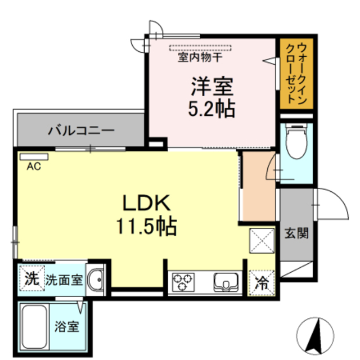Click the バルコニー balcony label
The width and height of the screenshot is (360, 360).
pyautogui.click(x=80, y=131)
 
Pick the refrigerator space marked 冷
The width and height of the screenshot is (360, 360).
pyautogui.click(x=262, y=282)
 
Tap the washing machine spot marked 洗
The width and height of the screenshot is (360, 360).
pyautogui.click(x=32, y=277)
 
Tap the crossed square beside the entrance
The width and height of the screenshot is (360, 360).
pyautogui.click(x=260, y=241)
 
